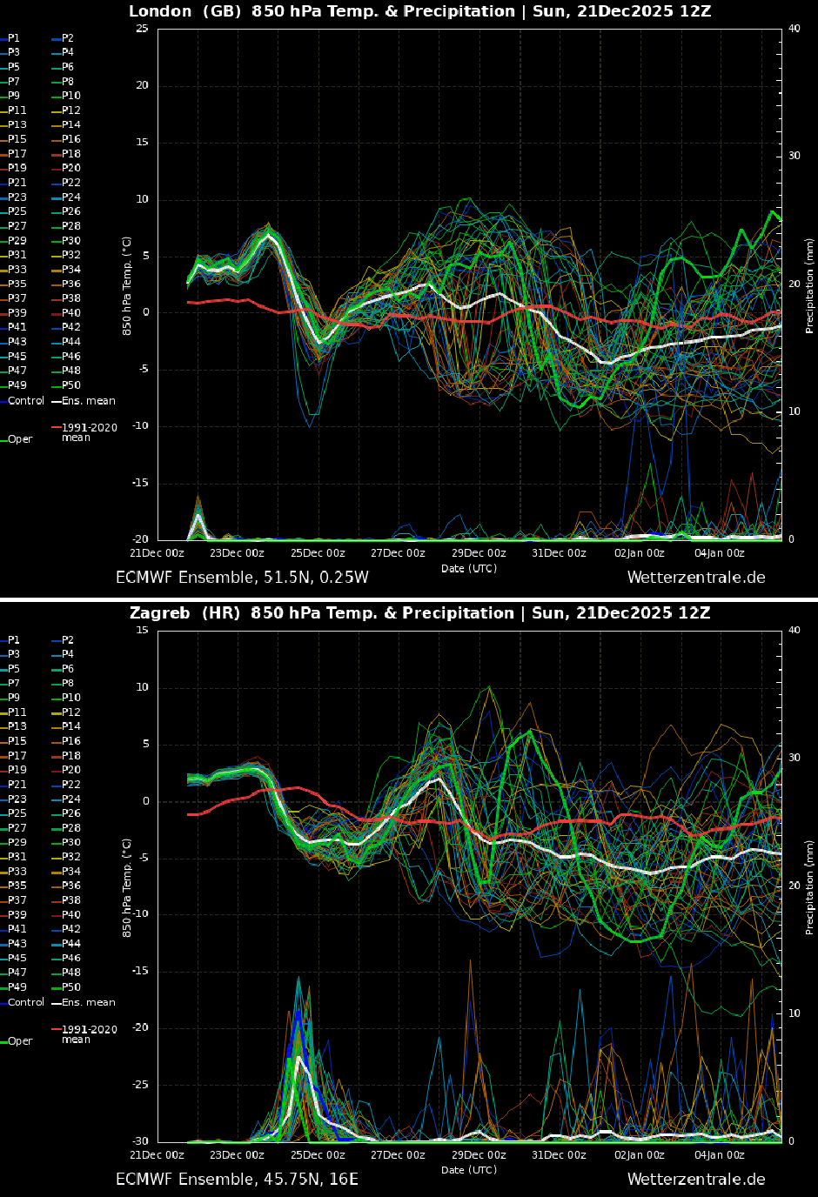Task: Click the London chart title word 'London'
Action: pos(160,11)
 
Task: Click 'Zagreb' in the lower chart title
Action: pos(159,613)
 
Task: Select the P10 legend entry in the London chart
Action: pos(70,96)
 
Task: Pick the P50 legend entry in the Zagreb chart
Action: pos(70,987)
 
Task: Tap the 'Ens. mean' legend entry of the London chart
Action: pos(88,401)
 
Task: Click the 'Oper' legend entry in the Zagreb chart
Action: pos(20,1041)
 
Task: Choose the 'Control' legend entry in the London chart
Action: pos(25,401)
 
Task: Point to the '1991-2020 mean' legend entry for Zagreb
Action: pos(89,1033)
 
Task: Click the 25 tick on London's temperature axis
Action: pos(142,29)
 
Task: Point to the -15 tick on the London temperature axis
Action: pos(139,483)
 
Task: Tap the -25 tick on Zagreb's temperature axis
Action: pos(139,1085)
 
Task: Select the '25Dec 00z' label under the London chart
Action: pos(318,553)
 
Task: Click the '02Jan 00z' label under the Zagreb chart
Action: pos(639,1155)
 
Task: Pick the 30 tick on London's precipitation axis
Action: pos(794,157)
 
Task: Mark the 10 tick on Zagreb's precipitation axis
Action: pos(794,1013)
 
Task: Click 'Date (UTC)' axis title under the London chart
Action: pos(468,569)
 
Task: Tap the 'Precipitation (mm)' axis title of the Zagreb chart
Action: pos(809,887)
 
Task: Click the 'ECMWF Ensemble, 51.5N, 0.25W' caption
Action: pos(242,578)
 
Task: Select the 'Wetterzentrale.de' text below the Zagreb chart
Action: pos(696,1180)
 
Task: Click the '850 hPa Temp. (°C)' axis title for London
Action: pos(127,285)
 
